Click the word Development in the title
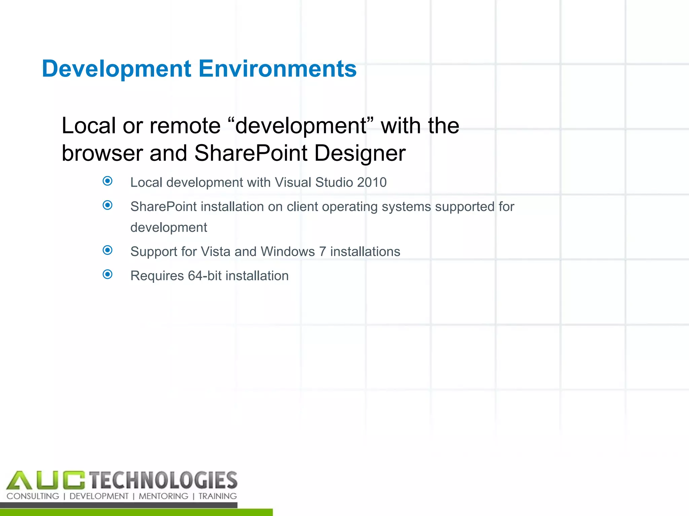coord(116,69)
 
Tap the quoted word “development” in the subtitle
coord(301,126)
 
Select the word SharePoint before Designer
coord(251,153)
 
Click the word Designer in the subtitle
coord(360,153)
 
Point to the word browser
coord(102,153)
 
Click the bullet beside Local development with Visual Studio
coord(108,181)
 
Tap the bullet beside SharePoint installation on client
coord(108,205)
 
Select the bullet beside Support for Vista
coord(108,250)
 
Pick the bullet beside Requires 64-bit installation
coord(108,274)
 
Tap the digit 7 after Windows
coord(322,252)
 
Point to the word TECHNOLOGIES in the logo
coord(164,480)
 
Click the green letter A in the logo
coord(19,480)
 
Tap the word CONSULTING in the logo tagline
coord(33,496)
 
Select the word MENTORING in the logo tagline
coord(164,496)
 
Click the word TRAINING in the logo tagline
coord(218,496)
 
